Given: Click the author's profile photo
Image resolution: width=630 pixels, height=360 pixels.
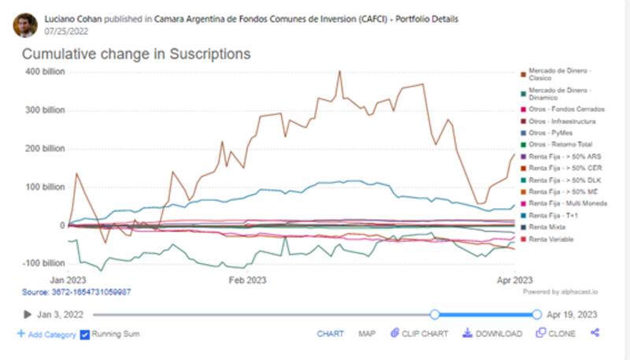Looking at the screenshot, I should [24, 24].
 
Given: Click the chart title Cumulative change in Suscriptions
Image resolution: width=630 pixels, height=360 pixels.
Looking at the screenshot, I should [135, 54].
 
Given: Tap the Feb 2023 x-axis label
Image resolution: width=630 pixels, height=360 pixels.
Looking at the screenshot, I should [246, 280].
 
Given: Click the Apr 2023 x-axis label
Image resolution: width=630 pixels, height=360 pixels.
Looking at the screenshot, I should [513, 280].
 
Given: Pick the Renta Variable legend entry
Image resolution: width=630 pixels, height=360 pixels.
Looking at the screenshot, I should [551, 239].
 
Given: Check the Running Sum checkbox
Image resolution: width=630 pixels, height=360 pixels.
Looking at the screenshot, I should [85, 334].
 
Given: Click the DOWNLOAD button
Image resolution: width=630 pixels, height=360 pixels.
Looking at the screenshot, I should [492, 334].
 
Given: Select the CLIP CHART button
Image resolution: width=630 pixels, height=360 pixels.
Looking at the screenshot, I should [421, 334].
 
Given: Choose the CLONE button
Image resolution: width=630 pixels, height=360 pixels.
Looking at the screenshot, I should [556, 334].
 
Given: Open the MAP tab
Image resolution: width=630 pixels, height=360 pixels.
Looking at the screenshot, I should [367, 334].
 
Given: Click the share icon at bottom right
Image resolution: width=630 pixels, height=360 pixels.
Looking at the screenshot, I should [595, 333].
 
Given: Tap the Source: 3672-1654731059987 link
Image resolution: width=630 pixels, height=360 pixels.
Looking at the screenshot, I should [76, 292].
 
